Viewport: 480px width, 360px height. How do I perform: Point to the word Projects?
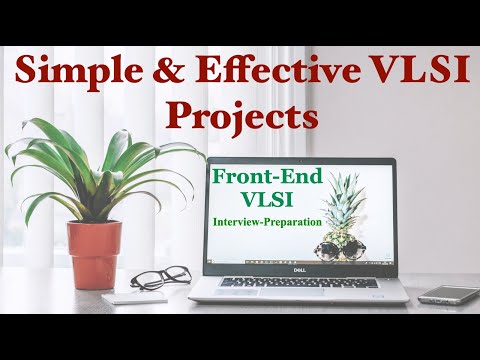coord(242,116)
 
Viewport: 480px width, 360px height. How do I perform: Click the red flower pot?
coord(94,253)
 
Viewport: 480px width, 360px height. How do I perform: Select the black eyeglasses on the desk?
coord(159,278)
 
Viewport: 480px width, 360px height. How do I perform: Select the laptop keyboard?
coord(301,283)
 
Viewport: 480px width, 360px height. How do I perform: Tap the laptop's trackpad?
coord(301,297)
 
